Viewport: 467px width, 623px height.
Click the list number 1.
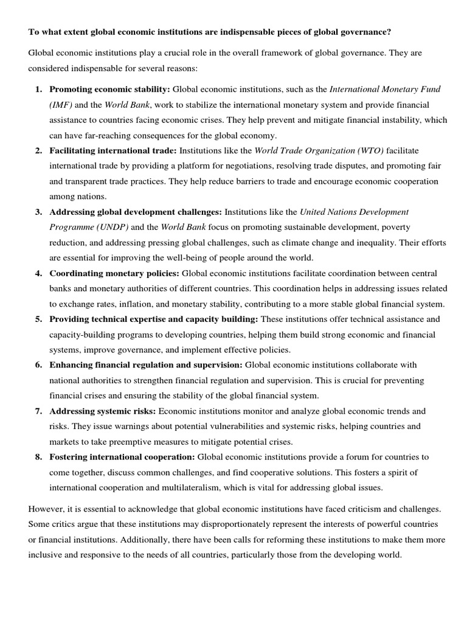[38, 89]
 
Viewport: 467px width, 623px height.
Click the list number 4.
[38, 273]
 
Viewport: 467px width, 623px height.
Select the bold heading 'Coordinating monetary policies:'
[114, 273]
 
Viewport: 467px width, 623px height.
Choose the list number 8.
[38, 457]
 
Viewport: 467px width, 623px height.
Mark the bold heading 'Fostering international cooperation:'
[122, 457]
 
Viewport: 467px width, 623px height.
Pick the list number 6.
[38, 365]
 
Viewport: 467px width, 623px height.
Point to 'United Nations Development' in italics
[355, 212]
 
